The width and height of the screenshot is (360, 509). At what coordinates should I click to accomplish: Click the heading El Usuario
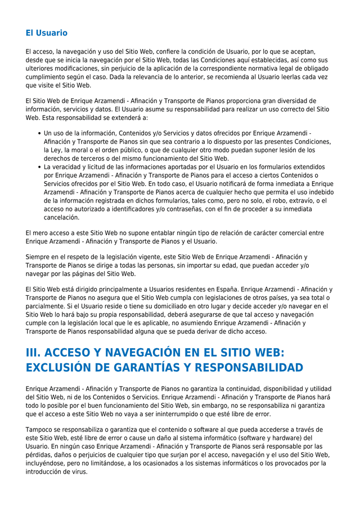(x=46, y=33)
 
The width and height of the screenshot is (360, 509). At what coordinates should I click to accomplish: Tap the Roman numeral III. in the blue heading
(x=35, y=353)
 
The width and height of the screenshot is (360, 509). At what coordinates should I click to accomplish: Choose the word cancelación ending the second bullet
(x=61, y=217)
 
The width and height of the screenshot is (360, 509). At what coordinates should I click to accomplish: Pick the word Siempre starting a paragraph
(x=38, y=257)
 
